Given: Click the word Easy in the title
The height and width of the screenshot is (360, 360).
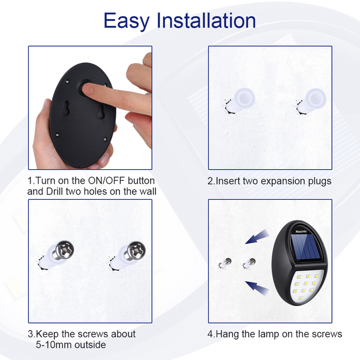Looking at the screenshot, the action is point(127,21).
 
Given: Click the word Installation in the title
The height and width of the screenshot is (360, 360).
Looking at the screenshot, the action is point(206,20).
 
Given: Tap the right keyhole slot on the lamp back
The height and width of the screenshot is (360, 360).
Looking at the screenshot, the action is point(100,112).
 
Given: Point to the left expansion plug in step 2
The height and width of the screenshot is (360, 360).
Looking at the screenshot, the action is point(241,101).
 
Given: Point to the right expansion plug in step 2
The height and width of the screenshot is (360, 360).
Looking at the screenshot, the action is point(312,101).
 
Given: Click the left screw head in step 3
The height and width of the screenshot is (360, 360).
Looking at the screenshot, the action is point(65,250).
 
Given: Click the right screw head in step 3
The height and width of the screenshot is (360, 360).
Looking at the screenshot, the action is point(137,250).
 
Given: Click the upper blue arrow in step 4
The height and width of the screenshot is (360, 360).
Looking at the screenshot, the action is point(257,237).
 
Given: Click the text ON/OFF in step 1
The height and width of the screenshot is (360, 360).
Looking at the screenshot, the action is point(107,181).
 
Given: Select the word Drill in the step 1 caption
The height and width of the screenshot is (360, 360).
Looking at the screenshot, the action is point(55,191).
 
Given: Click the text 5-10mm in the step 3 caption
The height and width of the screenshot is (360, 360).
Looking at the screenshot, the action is point(54,344).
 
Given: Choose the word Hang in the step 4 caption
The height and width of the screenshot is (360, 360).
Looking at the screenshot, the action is point(227,334).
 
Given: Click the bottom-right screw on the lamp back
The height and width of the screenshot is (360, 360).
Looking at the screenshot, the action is point(105,139).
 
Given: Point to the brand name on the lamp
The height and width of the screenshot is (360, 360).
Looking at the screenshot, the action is point(301,232).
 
